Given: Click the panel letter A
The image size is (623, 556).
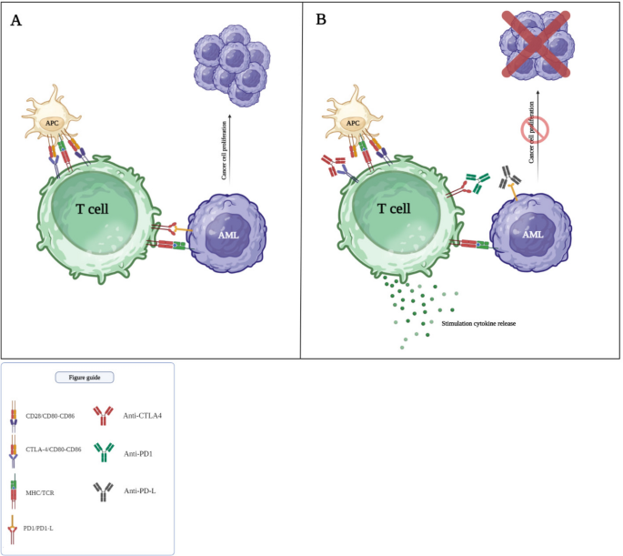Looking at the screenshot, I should (x=16, y=19).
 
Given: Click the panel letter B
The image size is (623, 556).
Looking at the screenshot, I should (x=319, y=19).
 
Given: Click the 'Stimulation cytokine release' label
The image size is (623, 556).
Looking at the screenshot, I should (x=478, y=323).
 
